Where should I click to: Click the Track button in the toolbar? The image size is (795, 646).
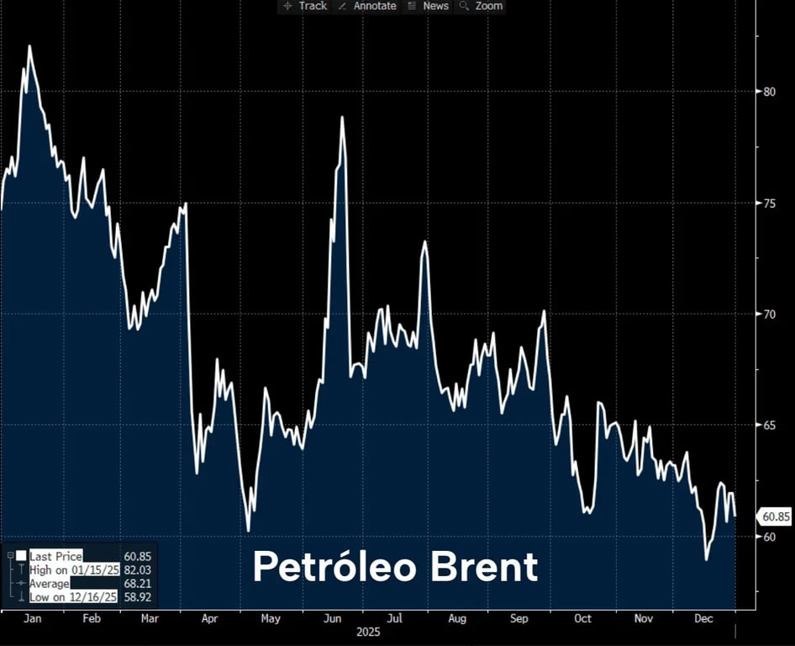point(305,6)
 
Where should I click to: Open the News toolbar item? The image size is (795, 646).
point(428,6)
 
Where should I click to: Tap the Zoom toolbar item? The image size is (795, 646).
point(482,6)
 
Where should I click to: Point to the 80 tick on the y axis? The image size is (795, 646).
point(769,92)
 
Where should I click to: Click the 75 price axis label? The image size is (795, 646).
point(769,203)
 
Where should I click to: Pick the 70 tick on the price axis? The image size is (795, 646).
point(769,314)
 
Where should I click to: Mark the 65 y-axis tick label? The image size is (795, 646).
point(769,425)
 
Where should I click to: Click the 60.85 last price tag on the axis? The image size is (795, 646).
point(774,516)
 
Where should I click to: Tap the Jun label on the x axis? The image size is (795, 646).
point(332,618)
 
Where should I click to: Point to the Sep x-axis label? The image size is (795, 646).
point(519,618)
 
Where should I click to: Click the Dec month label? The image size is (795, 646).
point(704,618)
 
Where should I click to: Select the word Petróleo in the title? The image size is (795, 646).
point(335,567)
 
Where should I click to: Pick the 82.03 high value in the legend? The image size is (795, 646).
point(137,569)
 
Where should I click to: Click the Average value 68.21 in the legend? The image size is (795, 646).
point(137,583)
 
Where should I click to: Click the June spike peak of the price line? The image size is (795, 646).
point(343,118)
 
